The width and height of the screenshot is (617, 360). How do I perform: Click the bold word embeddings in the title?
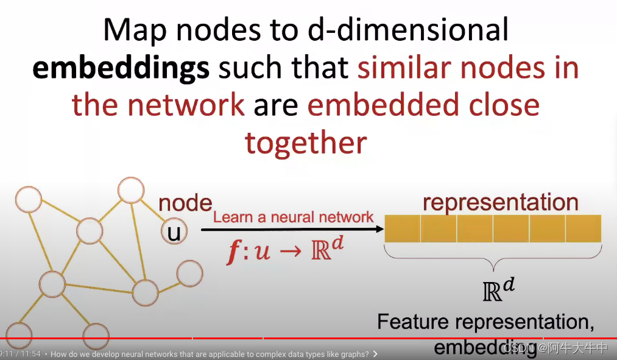(121, 69)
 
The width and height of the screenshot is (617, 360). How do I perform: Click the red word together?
(306, 143)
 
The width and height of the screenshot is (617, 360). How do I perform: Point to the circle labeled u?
(174, 232)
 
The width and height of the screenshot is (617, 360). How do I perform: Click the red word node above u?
(185, 203)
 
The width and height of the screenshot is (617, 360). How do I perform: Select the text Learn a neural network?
(293, 217)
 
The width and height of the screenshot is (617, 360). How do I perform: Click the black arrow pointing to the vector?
(292, 230)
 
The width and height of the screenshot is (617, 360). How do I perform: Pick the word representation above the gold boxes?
(500, 202)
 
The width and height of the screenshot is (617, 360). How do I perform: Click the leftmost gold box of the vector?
(403, 229)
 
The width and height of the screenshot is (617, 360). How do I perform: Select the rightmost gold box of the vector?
(583, 229)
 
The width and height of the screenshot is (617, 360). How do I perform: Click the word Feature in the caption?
(414, 322)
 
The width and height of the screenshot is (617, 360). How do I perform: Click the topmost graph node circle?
(130, 190)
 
